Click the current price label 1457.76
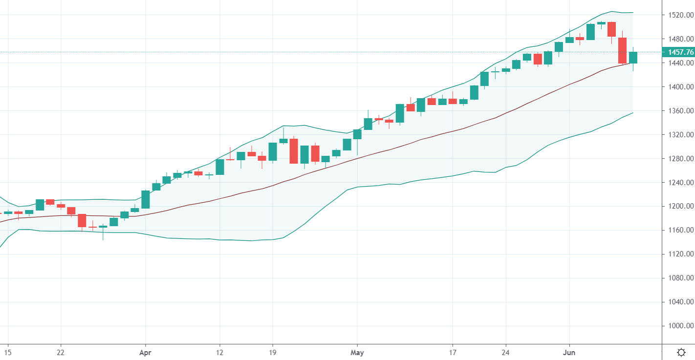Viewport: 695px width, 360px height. [x=678, y=52]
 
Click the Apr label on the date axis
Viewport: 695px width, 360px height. [x=145, y=352]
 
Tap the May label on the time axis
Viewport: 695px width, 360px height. [x=358, y=352]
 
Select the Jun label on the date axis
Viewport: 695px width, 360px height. [x=569, y=352]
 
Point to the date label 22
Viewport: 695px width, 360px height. [x=61, y=352]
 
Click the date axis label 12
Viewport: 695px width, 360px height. [x=220, y=352]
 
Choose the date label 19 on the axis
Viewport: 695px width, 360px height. [x=273, y=352]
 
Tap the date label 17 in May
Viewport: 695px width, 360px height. [x=453, y=352]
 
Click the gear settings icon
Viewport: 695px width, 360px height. [x=681, y=352]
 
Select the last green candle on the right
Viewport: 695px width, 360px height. [x=633, y=58]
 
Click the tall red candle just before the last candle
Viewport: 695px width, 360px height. [x=622, y=50]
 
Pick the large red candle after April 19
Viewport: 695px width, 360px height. [x=294, y=151]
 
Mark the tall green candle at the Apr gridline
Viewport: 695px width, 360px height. [x=146, y=199]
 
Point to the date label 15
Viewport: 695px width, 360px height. [x=7, y=352]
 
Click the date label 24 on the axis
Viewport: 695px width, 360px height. [x=506, y=352]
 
